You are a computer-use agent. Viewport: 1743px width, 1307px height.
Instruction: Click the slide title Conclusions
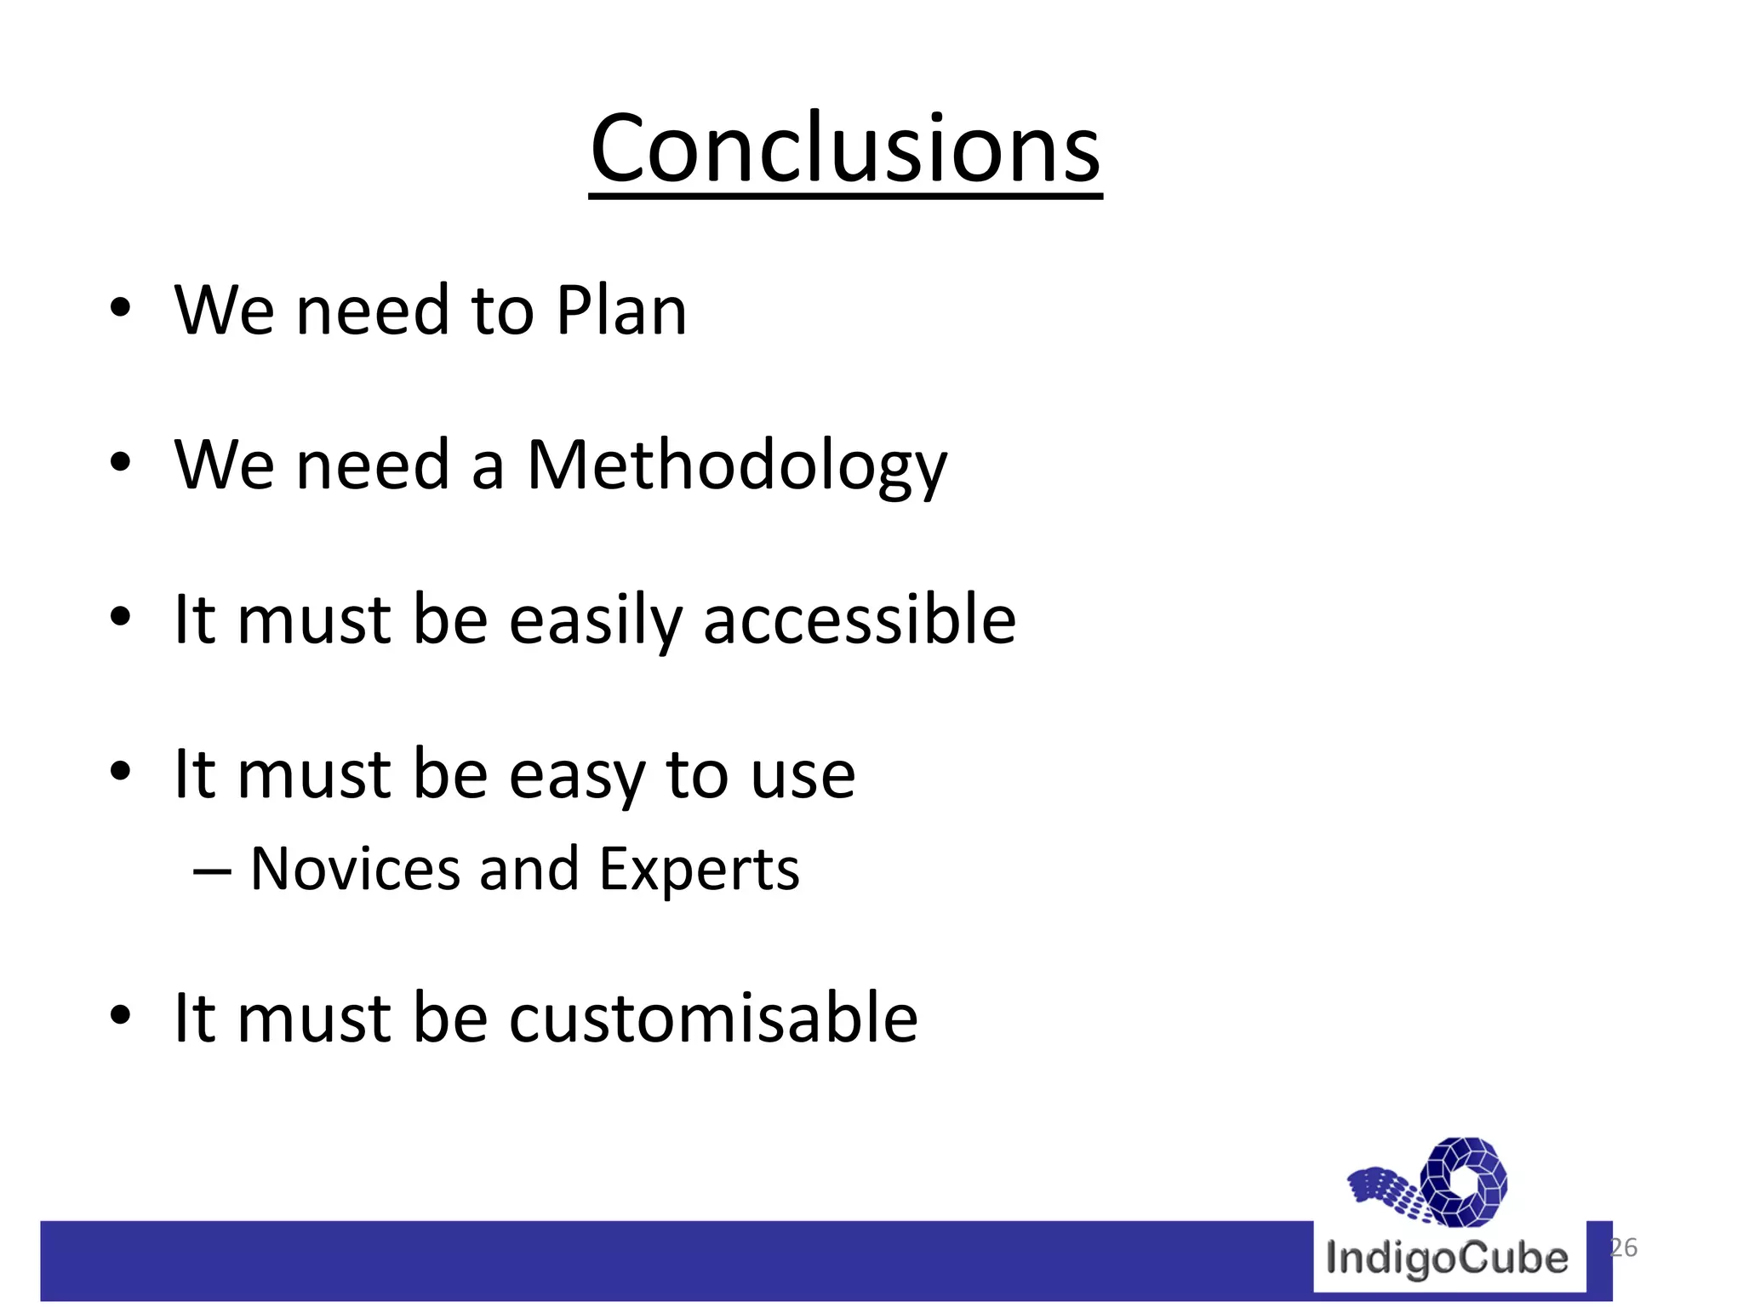[x=845, y=148]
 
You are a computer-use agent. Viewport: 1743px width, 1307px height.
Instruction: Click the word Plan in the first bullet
[x=620, y=311]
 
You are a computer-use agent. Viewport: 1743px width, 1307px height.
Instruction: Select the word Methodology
[x=736, y=466]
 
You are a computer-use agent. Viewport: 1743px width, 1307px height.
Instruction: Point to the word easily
[x=595, y=621]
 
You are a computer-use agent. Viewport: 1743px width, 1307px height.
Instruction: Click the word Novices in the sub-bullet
[x=355, y=870]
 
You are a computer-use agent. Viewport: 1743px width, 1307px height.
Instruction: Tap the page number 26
[x=1623, y=1247]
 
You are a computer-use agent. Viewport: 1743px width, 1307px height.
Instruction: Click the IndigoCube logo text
[x=1447, y=1258]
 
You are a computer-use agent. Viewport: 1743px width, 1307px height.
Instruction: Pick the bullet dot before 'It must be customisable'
[x=120, y=1014]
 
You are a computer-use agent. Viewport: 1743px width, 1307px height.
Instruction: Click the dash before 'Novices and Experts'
[x=212, y=871]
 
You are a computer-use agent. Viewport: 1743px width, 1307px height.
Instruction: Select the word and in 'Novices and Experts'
[x=529, y=870]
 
